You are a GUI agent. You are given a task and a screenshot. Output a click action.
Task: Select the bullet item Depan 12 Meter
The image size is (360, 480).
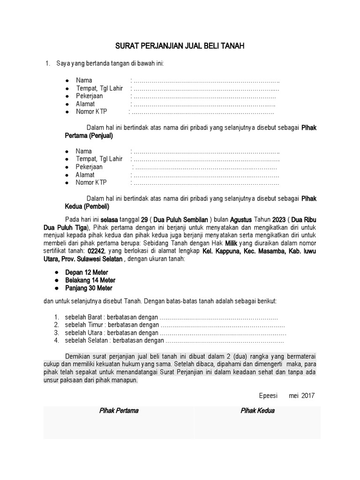pos(86,272)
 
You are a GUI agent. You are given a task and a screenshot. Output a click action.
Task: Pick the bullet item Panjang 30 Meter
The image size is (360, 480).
pos(89,288)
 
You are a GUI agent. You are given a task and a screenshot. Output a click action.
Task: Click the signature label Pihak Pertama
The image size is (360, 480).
pos(119,411)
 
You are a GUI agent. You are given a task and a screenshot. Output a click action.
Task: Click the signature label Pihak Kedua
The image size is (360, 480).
pos(257,411)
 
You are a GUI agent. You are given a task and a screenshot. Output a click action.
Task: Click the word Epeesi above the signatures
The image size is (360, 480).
pos(269,395)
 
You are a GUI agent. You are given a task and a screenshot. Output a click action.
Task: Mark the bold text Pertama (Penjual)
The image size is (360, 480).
pos(89,136)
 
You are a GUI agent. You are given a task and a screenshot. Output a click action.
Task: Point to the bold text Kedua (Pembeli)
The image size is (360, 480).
pos(87,207)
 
